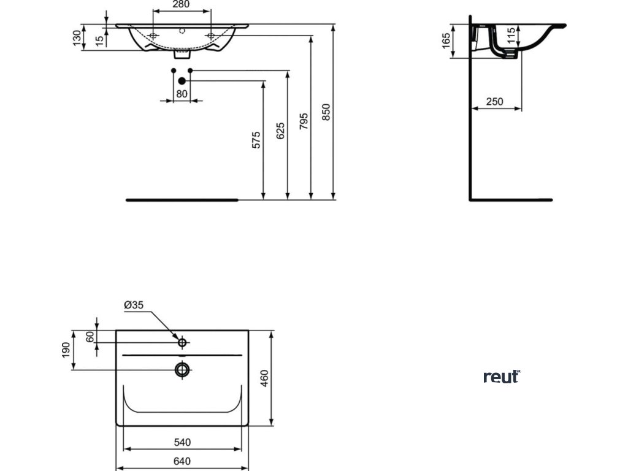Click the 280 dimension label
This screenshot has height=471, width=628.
pyautogui.click(x=180, y=4)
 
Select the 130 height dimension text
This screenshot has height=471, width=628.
pyautogui.click(x=77, y=38)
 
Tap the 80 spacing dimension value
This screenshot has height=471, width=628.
pyautogui.click(x=182, y=94)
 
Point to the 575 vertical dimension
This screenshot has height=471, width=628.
pyautogui.click(x=256, y=140)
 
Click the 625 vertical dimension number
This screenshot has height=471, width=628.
pyautogui.click(x=281, y=131)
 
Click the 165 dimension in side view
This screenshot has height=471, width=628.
pyautogui.click(x=446, y=41)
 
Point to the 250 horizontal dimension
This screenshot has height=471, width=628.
pyautogui.click(x=496, y=102)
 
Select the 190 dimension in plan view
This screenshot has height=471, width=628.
pyautogui.click(x=66, y=351)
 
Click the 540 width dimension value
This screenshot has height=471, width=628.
pyautogui.click(x=182, y=442)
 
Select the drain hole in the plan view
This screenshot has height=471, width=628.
pyautogui.click(x=182, y=369)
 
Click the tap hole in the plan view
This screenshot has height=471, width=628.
pyautogui.click(x=182, y=342)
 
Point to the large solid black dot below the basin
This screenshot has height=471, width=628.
pyautogui.click(x=182, y=80)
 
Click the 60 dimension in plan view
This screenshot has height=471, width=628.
pyautogui.click(x=90, y=336)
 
